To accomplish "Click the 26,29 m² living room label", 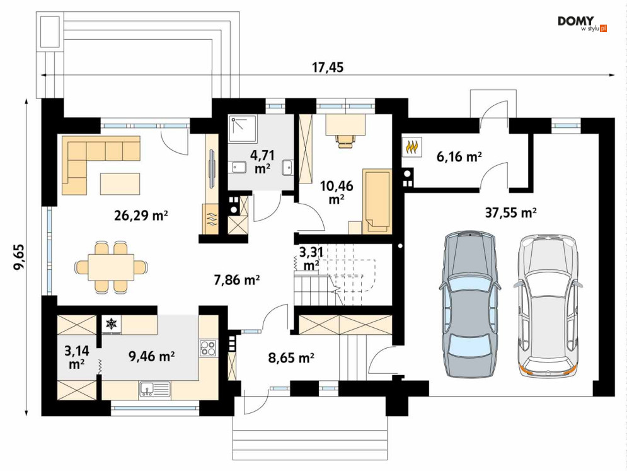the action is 141,216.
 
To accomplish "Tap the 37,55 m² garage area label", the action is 510,212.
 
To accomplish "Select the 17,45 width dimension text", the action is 328,67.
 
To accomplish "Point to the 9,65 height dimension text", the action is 19,257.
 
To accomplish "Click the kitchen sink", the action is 155,389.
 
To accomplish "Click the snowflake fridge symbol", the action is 111,323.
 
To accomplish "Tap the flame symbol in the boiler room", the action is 412,146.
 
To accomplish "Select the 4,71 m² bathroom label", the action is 262,161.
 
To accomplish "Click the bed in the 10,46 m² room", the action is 377,201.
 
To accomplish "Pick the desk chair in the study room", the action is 346,140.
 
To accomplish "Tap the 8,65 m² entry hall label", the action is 290,358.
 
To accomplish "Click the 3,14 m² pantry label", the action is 76,358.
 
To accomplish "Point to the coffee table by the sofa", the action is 120,183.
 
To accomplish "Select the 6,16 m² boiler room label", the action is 459,157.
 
